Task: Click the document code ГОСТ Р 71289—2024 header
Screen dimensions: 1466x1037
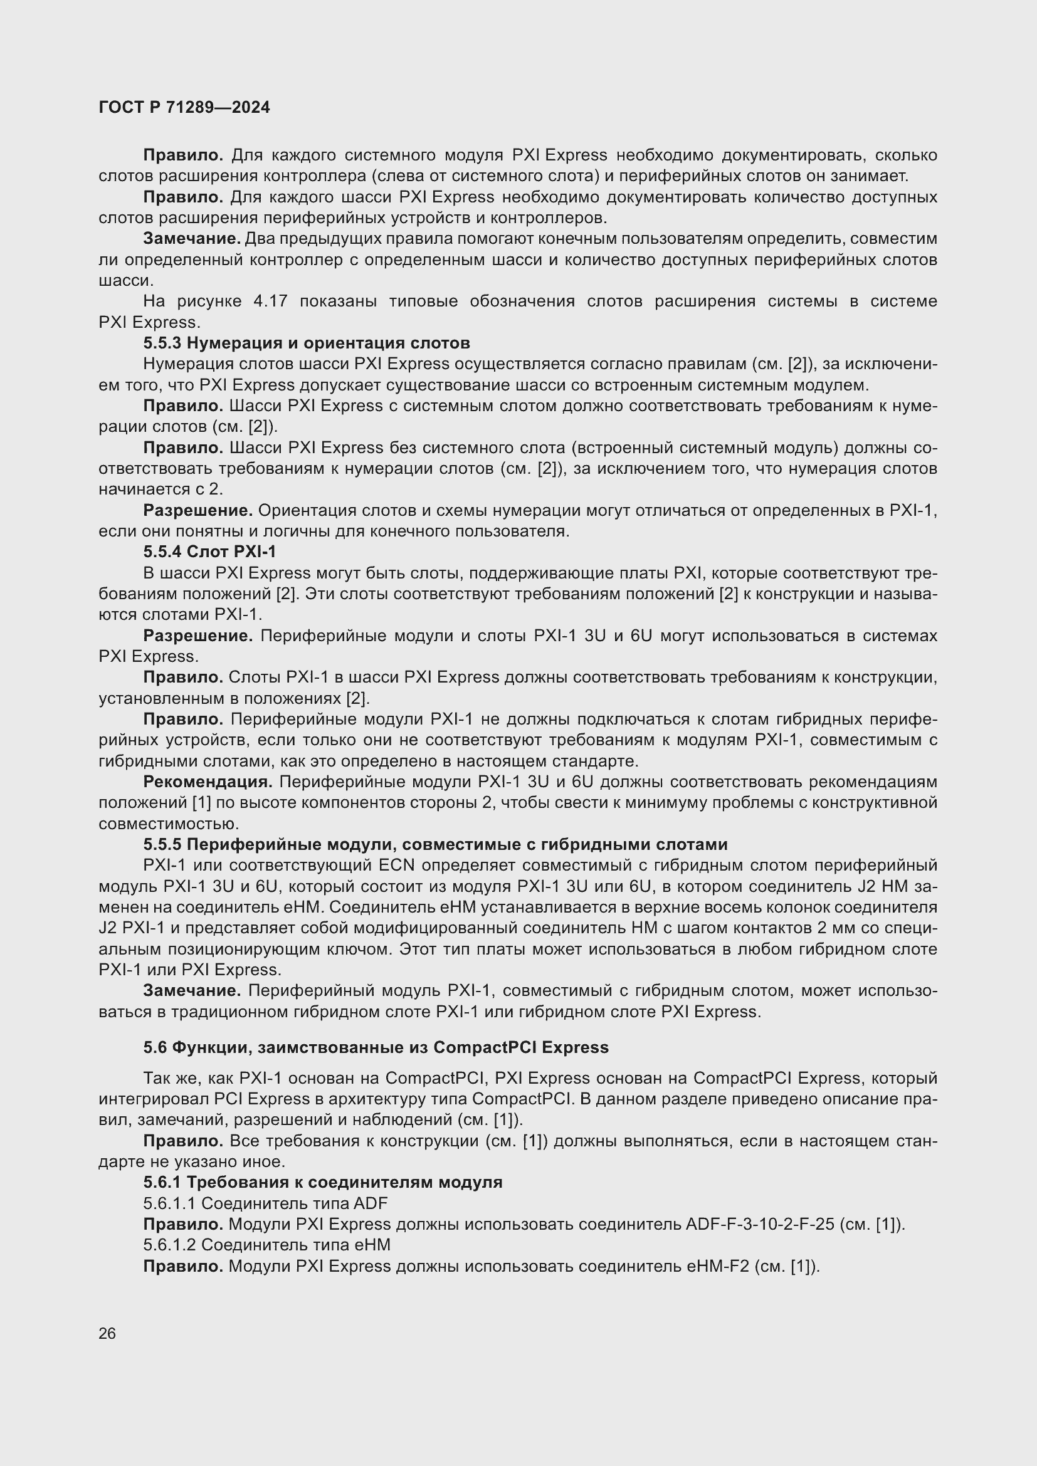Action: click(x=184, y=107)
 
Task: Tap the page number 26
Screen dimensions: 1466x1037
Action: click(x=107, y=1333)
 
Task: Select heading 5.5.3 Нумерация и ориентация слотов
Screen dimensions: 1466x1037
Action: click(x=307, y=343)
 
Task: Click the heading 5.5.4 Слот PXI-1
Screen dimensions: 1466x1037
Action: click(x=209, y=552)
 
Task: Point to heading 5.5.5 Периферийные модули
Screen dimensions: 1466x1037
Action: click(x=435, y=844)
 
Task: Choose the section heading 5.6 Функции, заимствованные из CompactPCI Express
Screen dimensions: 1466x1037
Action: click(x=376, y=1047)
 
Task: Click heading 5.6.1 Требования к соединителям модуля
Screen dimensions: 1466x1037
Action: click(x=322, y=1182)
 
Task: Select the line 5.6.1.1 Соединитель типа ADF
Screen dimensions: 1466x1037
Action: click(x=265, y=1203)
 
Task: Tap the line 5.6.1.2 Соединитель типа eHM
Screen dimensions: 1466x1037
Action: click(x=267, y=1245)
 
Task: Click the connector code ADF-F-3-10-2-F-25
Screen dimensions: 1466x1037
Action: click(x=759, y=1224)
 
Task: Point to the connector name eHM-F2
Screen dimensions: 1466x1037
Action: click(x=717, y=1265)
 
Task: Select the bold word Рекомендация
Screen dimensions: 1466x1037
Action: click(x=208, y=782)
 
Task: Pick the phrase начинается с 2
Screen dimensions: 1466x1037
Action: click(x=160, y=489)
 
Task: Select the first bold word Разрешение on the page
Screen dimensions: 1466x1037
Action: click(x=198, y=510)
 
